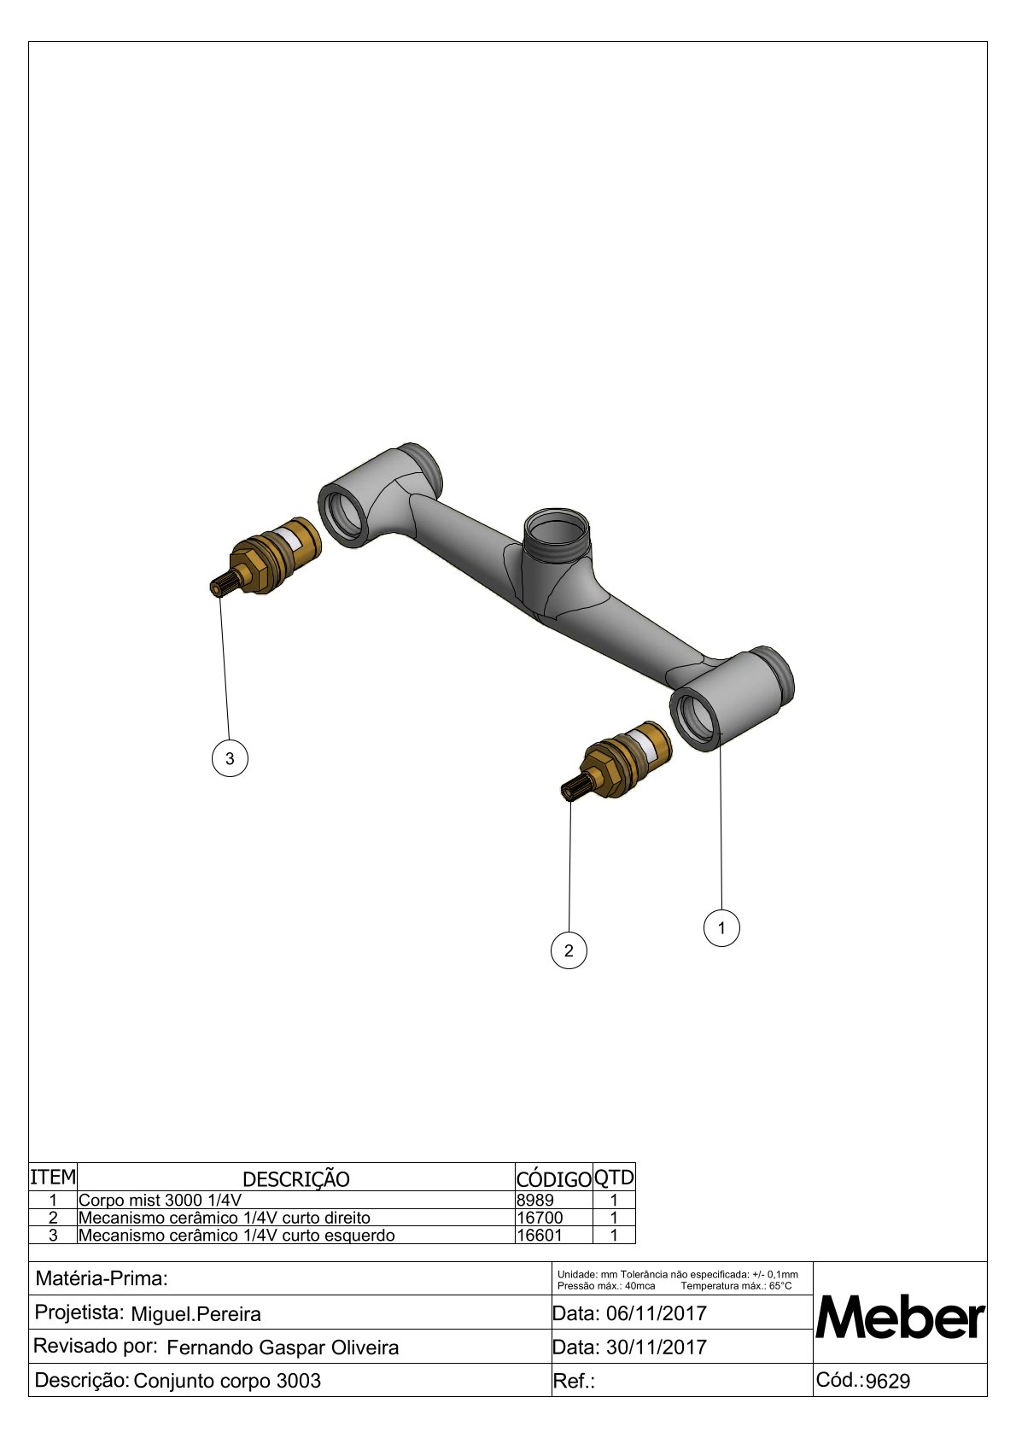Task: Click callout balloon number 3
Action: pyautogui.click(x=230, y=758)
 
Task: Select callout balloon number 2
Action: pyautogui.click(x=569, y=950)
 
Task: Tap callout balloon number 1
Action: pyautogui.click(x=721, y=927)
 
